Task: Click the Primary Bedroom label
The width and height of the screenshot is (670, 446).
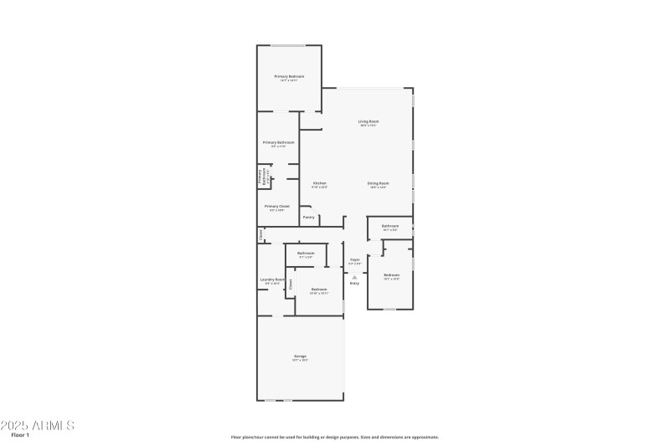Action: (289, 76)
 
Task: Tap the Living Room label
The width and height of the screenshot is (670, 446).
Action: (368, 121)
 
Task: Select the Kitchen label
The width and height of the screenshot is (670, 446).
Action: (320, 183)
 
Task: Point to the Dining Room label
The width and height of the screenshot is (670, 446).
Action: (379, 183)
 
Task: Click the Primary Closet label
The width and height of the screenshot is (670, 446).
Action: (277, 206)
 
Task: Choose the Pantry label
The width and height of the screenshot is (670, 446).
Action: (308, 218)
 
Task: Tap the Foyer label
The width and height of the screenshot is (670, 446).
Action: (355, 260)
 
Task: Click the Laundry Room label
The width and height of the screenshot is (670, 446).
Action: (272, 279)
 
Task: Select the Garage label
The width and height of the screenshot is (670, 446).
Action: (300, 356)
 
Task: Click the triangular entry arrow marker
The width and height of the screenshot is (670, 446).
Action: (354, 276)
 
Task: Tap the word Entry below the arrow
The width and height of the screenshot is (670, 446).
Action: (354, 284)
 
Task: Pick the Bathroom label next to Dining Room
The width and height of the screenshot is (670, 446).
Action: (390, 226)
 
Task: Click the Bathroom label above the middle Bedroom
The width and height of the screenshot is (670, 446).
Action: (306, 254)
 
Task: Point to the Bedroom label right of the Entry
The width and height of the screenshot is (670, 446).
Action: (392, 275)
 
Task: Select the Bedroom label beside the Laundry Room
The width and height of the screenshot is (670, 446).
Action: (319, 290)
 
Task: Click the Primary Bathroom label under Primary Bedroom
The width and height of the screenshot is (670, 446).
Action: (279, 142)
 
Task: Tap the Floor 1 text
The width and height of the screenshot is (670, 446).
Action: (20, 435)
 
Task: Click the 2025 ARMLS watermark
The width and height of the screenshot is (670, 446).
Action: (38, 425)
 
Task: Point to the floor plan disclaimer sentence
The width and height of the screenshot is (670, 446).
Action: (335, 437)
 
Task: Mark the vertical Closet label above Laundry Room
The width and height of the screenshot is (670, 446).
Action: (261, 236)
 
